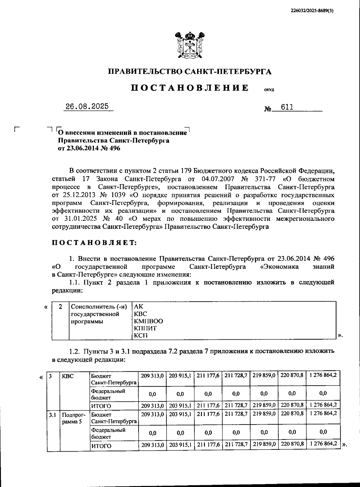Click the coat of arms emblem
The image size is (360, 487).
click(190, 46)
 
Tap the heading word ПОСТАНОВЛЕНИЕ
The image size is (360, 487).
click(190, 88)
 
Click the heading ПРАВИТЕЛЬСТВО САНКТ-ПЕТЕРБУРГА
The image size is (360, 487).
click(190, 71)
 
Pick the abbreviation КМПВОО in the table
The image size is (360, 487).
click(148, 321)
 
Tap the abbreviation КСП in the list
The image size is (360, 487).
click(141, 335)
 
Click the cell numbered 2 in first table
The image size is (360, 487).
click(61, 307)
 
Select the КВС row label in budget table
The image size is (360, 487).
click(67, 376)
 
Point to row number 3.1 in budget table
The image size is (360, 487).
click(53, 415)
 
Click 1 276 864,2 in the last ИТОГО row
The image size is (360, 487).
click(323, 443)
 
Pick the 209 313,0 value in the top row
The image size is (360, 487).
click(152, 375)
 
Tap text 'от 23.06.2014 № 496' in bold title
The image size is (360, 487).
click(89, 148)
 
